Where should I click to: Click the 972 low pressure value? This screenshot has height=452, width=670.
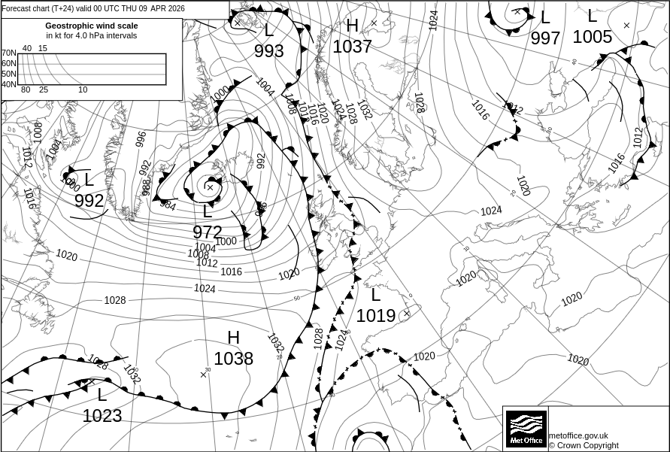(208, 232)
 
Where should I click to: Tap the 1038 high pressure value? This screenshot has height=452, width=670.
(234, 359)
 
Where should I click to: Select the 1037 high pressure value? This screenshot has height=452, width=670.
(352, 47)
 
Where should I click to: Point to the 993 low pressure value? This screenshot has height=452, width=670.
(268, 51)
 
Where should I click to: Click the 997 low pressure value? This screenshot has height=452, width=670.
(545, 38)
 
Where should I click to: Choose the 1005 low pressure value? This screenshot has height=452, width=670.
(593, 37)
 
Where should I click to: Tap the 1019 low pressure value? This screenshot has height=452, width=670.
(375, 316)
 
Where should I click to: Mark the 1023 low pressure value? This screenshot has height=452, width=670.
(102, 416)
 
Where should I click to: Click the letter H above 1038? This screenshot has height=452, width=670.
(234, 338)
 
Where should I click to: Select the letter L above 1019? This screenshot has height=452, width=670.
(376, 296)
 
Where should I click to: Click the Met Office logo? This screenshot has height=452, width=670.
(525, 429)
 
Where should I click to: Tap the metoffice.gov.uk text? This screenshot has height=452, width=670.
(578, 435)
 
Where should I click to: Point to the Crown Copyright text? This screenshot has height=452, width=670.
(584, 445)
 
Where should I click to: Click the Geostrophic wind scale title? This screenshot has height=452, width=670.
(92, 26)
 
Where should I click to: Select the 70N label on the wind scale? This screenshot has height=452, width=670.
(8, 53)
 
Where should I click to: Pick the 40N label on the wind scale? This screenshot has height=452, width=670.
(8, 84)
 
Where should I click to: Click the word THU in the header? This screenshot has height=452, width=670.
(132, 8)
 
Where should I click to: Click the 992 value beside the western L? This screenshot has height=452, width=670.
(89, 201)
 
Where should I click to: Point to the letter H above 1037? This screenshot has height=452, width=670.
(352, 26)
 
